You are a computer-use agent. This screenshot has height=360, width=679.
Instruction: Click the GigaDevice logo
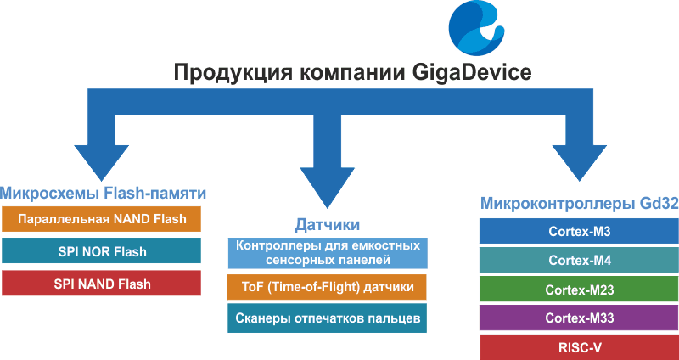[476, 29]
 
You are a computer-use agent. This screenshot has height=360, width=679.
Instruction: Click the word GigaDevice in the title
[469, 73]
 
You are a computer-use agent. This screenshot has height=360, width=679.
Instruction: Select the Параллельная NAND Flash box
[101, 219]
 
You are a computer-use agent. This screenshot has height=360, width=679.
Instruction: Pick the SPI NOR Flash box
[101, 250]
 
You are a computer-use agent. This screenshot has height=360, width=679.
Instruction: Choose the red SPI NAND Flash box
[101, 284]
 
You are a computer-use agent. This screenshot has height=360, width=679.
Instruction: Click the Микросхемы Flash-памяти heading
[103, 194]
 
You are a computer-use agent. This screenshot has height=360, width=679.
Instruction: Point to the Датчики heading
[328, 225]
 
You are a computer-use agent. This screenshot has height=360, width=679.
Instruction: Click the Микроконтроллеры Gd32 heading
[580, 204]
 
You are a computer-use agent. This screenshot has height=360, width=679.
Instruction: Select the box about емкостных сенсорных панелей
[328, 253]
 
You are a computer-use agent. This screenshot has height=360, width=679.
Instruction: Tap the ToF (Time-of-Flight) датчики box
[328, 287]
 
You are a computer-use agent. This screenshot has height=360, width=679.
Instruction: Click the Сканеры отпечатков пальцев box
[328, 318]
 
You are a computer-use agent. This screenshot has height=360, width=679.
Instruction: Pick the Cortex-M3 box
[579, 231]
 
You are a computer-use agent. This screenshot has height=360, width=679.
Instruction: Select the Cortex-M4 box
[579, 261]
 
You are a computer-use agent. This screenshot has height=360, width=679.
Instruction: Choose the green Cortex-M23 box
[579, 290]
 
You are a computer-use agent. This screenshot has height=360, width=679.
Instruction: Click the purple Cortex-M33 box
[579, 318]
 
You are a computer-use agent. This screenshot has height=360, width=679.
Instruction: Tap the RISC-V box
[579, 347]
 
